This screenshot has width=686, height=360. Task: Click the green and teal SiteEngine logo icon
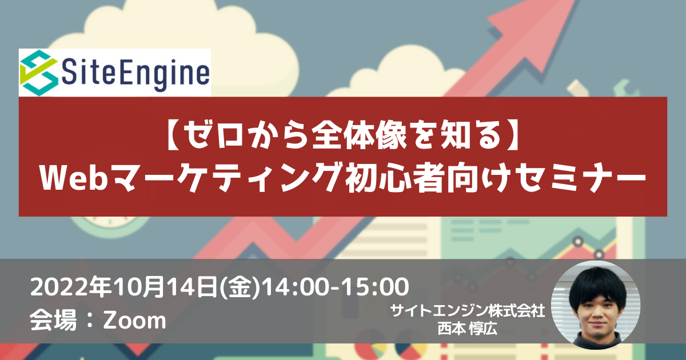39,73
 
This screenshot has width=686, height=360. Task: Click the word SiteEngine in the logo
135,74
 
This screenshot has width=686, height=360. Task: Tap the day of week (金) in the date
241,287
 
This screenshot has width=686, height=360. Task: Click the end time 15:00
374,287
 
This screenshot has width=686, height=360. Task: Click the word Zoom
134,321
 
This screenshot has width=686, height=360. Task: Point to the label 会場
53,320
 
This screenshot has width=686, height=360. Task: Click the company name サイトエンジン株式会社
467,311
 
